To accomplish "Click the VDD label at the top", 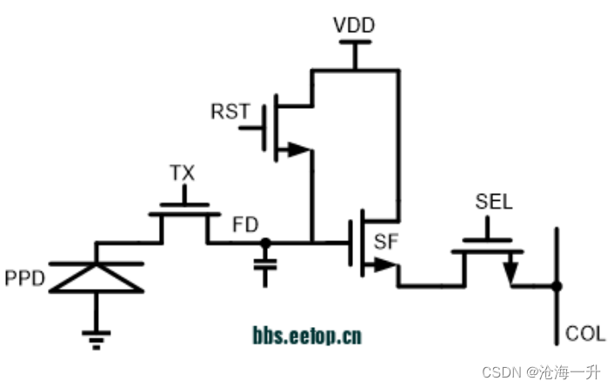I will [x=354, y=25].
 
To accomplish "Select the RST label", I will [x=230, y=111].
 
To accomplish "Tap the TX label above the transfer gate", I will [x=182, y=173].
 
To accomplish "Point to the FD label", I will [x=245, y=225].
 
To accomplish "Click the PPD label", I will [x=26, y=280].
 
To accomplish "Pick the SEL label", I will [x=493, y=203].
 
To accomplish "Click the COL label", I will [x=585, y=333].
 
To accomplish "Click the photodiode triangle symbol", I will [x=96, y=277].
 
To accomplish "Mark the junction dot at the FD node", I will [x=266, y=243].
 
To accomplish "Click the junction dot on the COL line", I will [x=557, y=285].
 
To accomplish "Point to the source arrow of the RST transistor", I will [x=298, y=150].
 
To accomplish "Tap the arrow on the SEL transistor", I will [x=511, y=271].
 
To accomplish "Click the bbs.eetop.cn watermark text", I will [x=307, y=336].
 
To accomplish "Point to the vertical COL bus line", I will [x=557, y=313].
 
